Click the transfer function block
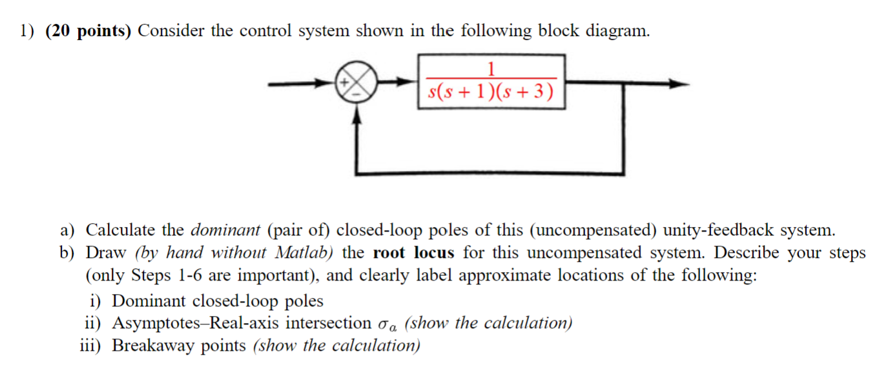point(492,82)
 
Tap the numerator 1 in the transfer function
point(492,68)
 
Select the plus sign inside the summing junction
point(345,82)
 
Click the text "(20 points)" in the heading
point(88,31)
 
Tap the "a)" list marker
point(67,230)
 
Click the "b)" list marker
point(67,252)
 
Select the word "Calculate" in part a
point(121,230)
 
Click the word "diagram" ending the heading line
point(617,31)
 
